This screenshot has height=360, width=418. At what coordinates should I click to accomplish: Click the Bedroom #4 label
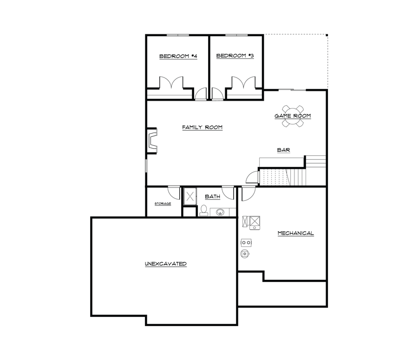178,56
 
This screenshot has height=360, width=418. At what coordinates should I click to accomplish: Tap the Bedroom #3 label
235,56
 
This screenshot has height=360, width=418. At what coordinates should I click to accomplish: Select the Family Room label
202,127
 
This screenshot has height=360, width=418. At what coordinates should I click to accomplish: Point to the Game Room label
292,116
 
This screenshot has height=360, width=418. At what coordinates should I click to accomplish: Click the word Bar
283,150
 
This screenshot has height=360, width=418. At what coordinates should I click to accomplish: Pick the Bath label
212,197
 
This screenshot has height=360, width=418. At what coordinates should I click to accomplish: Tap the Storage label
163,203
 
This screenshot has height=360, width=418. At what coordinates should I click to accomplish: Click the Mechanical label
295,233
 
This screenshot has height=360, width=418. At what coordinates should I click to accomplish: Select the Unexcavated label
166,264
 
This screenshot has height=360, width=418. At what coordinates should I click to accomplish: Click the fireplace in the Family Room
152,140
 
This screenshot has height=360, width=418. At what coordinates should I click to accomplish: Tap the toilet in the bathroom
203,211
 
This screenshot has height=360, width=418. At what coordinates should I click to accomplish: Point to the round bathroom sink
221,212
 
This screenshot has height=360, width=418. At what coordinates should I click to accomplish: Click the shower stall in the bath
189,196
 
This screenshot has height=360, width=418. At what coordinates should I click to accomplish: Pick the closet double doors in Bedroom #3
243,83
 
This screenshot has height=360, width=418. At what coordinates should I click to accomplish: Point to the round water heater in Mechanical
245,253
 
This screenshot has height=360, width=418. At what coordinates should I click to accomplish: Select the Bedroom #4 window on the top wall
178,35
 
